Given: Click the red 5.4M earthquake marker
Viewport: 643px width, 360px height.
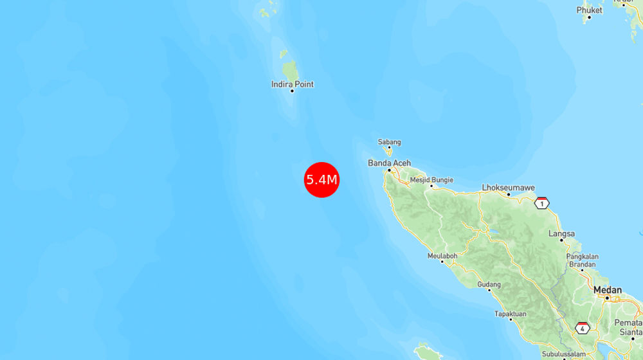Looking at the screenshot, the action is [321, 179].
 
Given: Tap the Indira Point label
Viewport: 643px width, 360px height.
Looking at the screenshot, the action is [293, 84].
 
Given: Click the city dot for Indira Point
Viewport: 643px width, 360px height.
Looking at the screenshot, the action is [292, 91].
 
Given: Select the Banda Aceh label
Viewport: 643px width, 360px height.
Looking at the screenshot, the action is [389, 163].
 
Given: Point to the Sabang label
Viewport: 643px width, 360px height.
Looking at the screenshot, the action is [389, 142].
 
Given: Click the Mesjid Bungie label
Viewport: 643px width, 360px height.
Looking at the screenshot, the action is [431, 180].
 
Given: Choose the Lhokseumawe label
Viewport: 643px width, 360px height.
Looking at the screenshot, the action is [509, 188].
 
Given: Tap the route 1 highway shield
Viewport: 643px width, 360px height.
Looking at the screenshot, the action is [541, 203].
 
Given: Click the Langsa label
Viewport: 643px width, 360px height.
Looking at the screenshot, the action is [561, 233].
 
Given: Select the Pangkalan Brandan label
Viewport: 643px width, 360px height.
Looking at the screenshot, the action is [583, 260].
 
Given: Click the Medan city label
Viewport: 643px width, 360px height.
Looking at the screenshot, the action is [608, 290].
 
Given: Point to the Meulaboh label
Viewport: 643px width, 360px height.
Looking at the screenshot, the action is [442, 256].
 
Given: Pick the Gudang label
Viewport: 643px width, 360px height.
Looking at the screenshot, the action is [489, 284].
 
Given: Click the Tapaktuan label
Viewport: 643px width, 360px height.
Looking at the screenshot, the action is [510, 314].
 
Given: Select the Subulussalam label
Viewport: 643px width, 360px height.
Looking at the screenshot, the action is [564, 354].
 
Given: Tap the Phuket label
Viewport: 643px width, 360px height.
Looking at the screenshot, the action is [589, 10].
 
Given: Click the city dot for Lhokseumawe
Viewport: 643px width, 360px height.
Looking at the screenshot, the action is [509, 194].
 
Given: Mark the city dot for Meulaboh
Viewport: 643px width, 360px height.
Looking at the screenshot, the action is [443, 262].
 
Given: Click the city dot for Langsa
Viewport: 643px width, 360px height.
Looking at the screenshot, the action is [561, 240].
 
